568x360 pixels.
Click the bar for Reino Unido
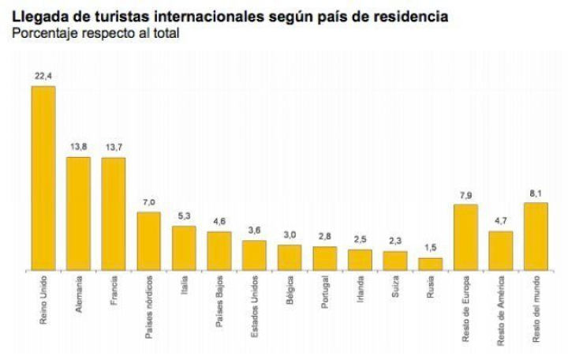point(43,178)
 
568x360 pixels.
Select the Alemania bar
point(78,213)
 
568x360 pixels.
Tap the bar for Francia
point(114,213)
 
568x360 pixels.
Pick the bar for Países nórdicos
point(148,241)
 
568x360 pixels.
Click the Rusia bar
point(430,264)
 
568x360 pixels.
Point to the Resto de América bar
point(501,250)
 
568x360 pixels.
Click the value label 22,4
point(43,77)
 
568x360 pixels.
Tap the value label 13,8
point(78,148)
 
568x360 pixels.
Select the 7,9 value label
point(465,195)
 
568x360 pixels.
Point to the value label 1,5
point(430,249)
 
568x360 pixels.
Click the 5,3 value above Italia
point(184,216)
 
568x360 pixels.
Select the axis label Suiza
point(395,289)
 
